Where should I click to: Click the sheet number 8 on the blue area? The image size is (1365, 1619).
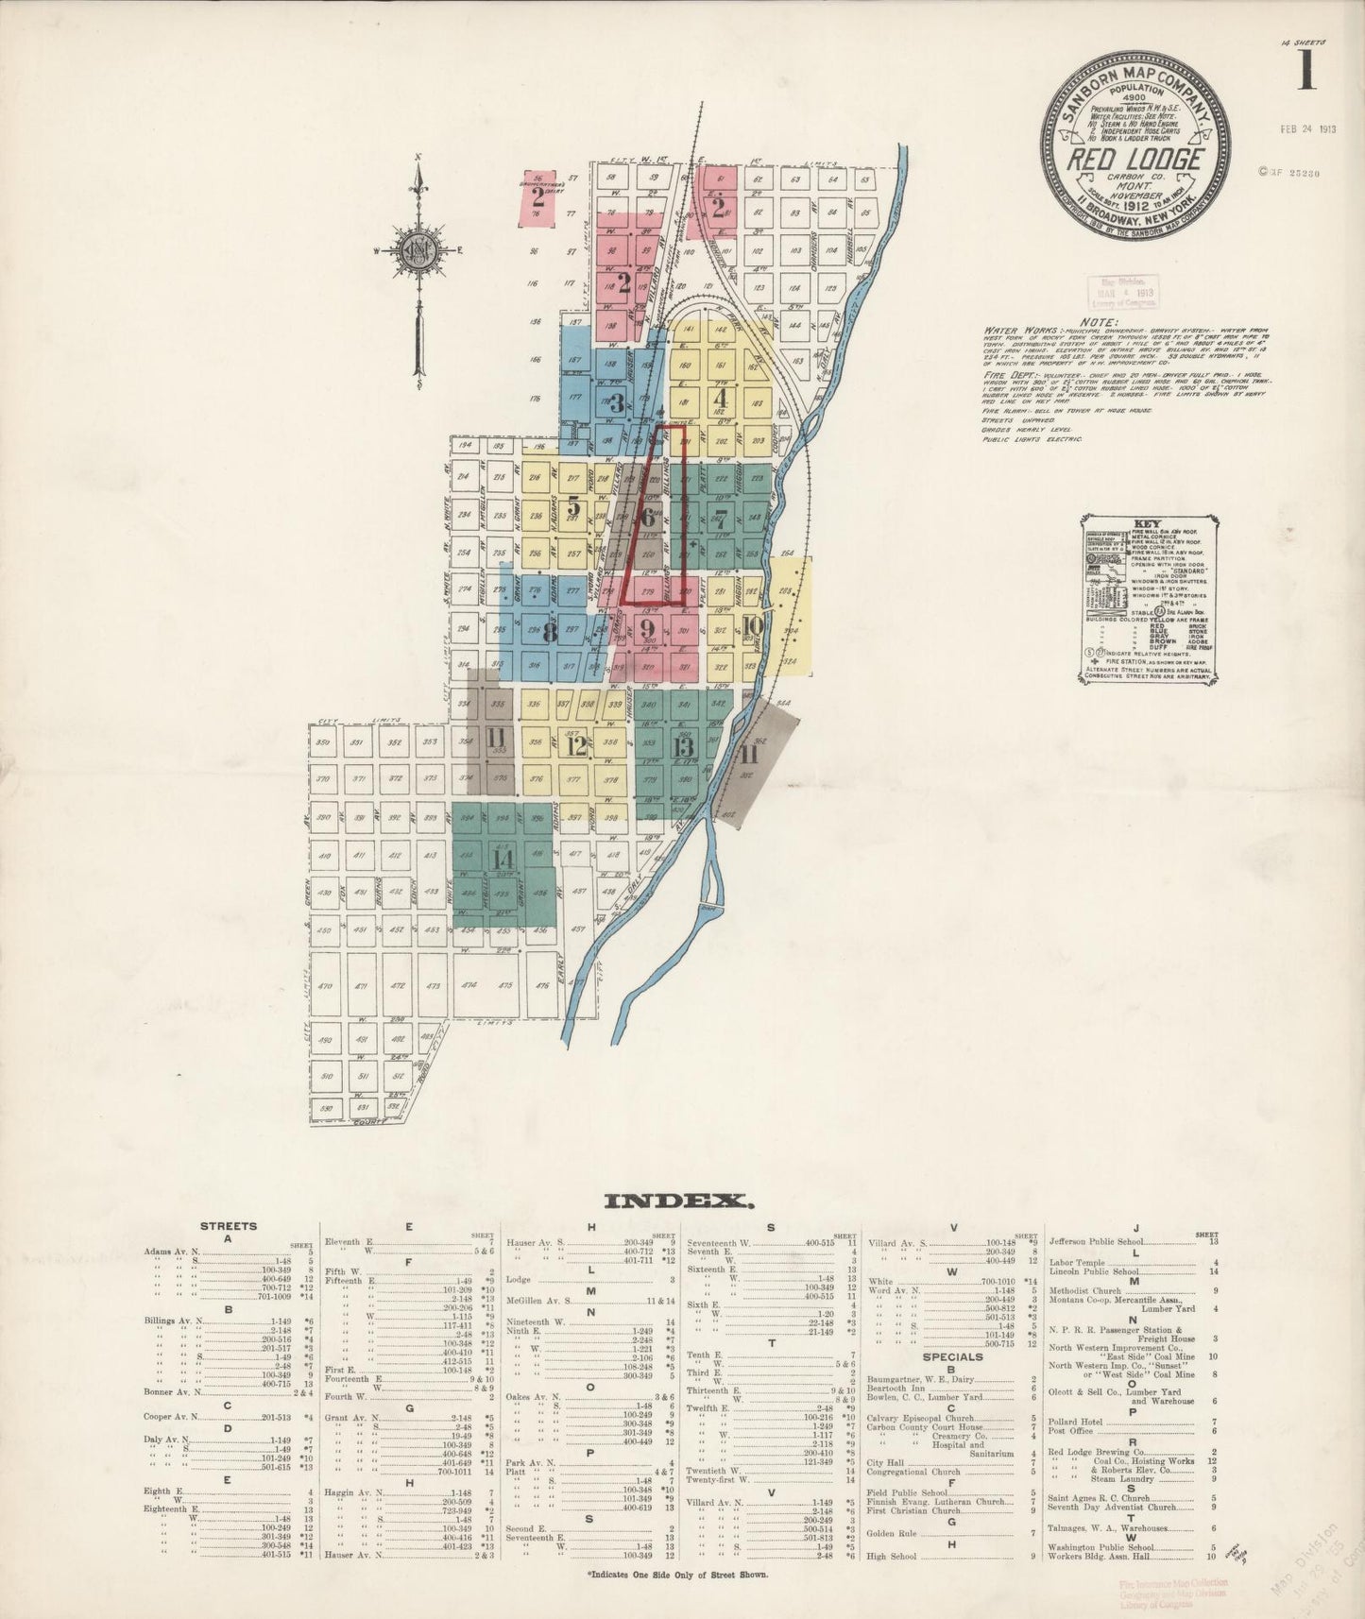coord(548,633)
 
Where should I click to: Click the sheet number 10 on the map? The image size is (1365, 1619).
coord(752,625)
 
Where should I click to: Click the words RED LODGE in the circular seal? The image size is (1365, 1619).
coord(1135,159)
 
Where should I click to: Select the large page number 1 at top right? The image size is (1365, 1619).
coord(1306,71)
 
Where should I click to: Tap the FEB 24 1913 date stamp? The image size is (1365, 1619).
coord(1308,129)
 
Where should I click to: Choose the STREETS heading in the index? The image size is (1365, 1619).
coord(228,1226)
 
